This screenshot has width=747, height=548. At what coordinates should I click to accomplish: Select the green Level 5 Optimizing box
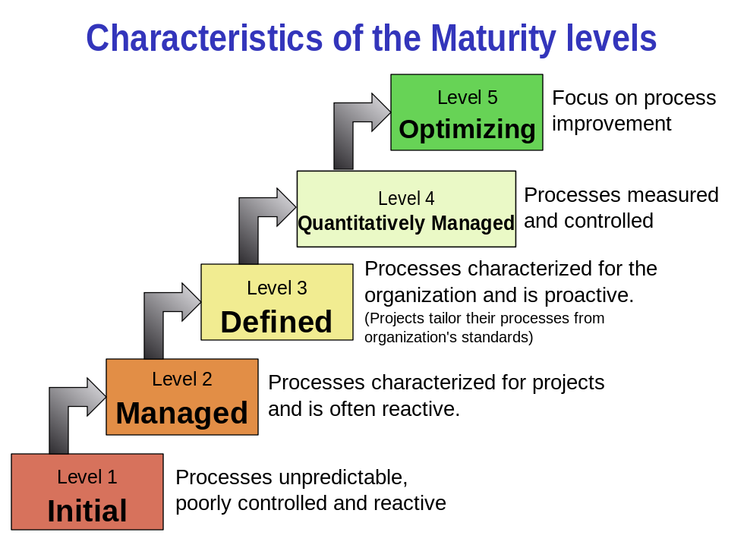466,112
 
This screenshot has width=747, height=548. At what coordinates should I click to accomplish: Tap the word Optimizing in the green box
467,129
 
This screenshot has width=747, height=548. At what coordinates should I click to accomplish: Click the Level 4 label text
406,199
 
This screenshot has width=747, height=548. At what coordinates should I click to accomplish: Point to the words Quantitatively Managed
406,223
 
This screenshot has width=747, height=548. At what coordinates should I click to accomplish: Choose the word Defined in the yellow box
276,322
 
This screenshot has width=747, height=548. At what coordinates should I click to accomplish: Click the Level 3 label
277,288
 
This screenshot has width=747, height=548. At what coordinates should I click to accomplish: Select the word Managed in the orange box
182,413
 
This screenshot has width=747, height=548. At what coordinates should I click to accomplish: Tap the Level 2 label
182,380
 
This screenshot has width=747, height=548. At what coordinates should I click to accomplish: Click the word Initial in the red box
87,511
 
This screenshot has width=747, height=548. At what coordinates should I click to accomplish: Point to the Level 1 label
87,477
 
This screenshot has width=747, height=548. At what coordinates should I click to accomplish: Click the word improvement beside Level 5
611,124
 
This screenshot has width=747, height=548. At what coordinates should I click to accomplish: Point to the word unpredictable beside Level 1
342,477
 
